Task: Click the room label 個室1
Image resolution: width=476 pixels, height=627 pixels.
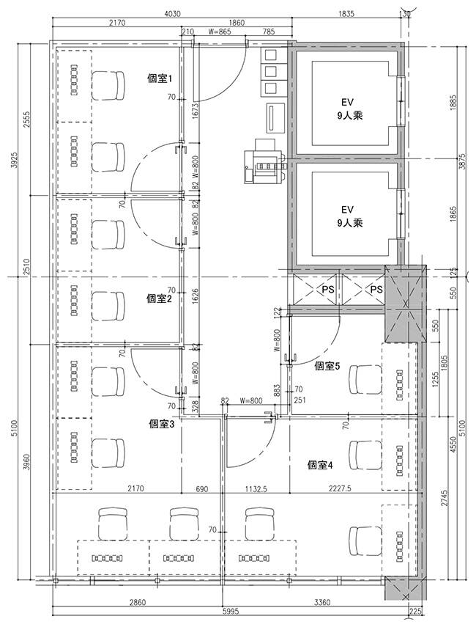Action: point(160,78)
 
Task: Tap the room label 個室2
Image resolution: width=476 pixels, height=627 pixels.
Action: point(159,298)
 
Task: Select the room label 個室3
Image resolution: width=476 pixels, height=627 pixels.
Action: point(161,425)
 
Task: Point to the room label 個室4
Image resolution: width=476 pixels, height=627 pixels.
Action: point(320,465)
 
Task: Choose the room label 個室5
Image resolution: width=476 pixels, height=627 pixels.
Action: point(327,366)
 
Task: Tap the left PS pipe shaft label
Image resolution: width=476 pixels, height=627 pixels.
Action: point(328,289)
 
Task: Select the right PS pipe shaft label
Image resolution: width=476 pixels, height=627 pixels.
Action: point(376,289)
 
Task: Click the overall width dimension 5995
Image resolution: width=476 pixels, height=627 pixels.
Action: point(230,612)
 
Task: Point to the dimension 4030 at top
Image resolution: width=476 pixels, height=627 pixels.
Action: point(172,14)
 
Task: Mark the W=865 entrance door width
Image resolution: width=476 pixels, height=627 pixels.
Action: point(220,32)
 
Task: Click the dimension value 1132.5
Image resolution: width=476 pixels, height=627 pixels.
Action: point(255,488)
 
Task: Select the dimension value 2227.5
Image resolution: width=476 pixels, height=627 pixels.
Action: point(340,488)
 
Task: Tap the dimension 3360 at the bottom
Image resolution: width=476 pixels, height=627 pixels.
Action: point(322,602)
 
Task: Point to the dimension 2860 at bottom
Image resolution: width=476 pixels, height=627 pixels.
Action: point(138,602)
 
